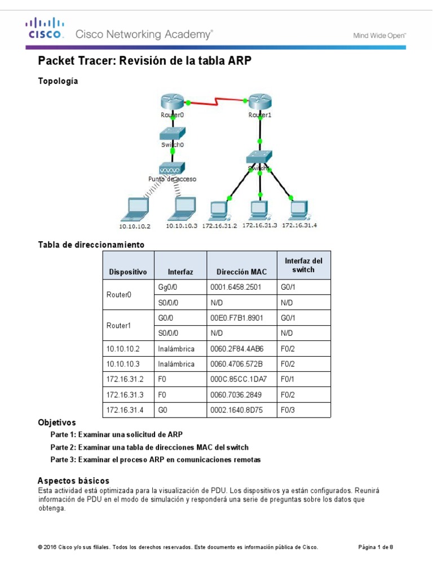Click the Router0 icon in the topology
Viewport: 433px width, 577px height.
[x=173, y=103]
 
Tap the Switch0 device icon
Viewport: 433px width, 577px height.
[x=173, y=134]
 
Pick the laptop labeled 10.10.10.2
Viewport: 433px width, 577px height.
[x=134, y=210]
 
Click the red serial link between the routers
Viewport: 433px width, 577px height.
[x=216, y=102]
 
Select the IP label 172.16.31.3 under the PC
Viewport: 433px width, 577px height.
[x=259, y=225]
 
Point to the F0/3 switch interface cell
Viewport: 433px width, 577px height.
[x=288, y=410]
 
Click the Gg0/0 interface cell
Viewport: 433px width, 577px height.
[x=167, y=287]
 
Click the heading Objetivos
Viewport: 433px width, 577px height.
[x=56, y=422]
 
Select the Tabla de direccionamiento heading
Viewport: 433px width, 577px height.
[x=91, y=245]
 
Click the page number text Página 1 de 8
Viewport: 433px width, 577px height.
[x=376, y=547]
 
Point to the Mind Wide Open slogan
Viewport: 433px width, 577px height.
[x=379, y=35]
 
